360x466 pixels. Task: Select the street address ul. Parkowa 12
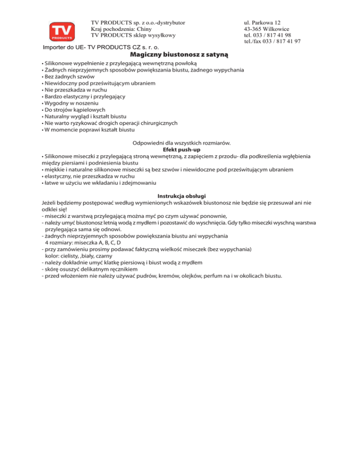(262, 22)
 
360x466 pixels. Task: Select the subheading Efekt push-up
(180, 149)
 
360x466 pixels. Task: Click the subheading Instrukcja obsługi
(180, 196)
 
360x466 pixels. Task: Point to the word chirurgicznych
(156, 122)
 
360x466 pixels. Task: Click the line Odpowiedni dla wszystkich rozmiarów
(180, 143)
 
